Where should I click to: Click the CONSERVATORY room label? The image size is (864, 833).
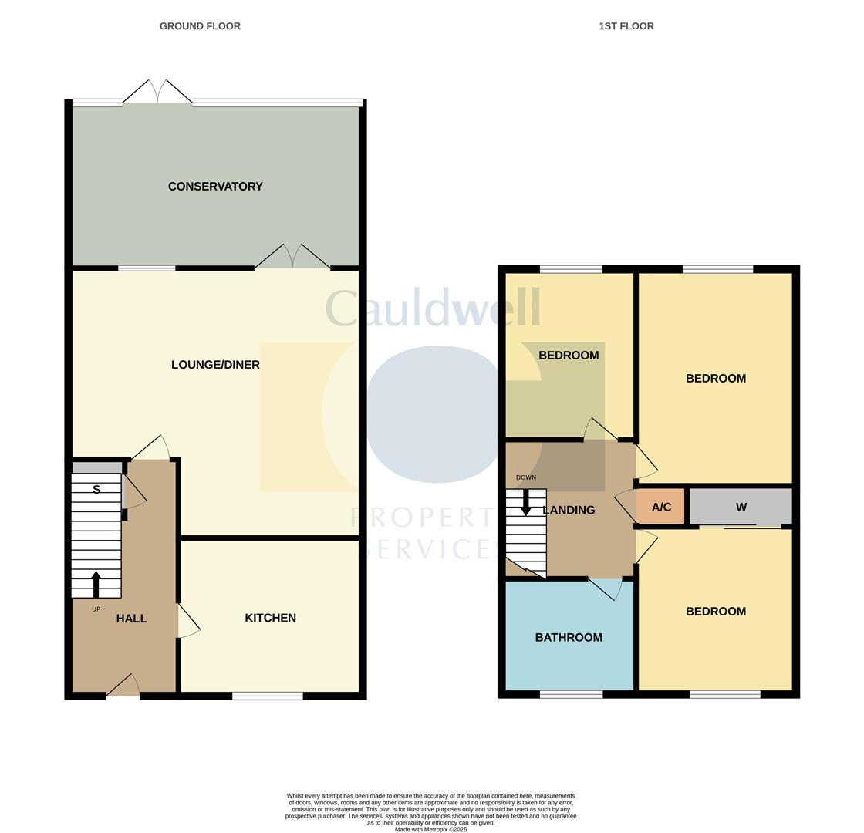215,187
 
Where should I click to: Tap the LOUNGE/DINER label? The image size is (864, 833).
215,365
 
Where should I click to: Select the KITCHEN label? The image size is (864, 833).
270,618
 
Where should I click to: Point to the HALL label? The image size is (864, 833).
131,619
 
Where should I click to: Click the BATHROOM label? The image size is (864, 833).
569,638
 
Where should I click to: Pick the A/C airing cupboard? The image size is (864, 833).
661,507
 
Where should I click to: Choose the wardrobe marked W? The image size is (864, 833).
741,507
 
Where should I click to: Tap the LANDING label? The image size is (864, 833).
569,510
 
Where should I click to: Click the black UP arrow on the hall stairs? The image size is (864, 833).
96,584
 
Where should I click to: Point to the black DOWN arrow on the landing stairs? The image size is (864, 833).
526,502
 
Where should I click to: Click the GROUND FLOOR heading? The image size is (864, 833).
200,26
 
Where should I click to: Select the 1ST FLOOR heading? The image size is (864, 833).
626,26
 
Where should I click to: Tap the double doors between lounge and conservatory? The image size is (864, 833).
292,258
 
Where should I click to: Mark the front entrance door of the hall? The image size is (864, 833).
123,686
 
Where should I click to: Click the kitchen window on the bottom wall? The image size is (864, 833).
268,696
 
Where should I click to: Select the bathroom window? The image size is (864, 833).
571,694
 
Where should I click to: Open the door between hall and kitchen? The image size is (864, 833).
187,621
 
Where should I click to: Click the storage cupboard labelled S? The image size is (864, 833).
96,489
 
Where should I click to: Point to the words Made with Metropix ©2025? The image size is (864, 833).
430,829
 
